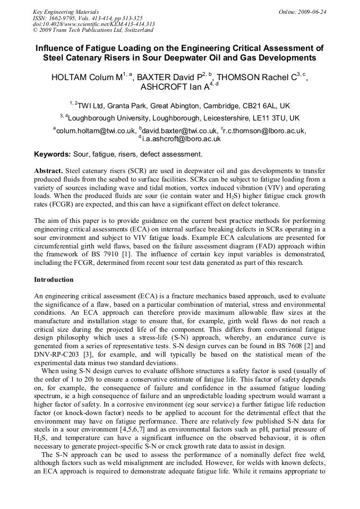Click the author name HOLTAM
point(70,77)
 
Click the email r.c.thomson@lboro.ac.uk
point(265,131)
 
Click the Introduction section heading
point(54,280)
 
